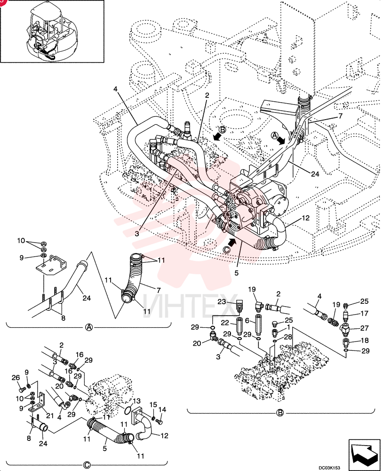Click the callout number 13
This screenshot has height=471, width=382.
tap(136, 401)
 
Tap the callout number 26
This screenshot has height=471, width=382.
tap(16, 378)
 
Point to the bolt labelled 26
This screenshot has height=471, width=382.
tap(21, 390)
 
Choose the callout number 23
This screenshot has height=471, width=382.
tap(222, 301)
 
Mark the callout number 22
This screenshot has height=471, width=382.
tap(225, 323)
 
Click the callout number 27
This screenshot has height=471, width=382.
tap(364, 328)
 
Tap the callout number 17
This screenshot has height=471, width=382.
tap(364, 313)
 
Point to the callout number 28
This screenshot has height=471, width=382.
tap(288, 337)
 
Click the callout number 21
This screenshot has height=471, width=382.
tap(49, 415)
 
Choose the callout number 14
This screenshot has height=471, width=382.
tap(162, 409)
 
